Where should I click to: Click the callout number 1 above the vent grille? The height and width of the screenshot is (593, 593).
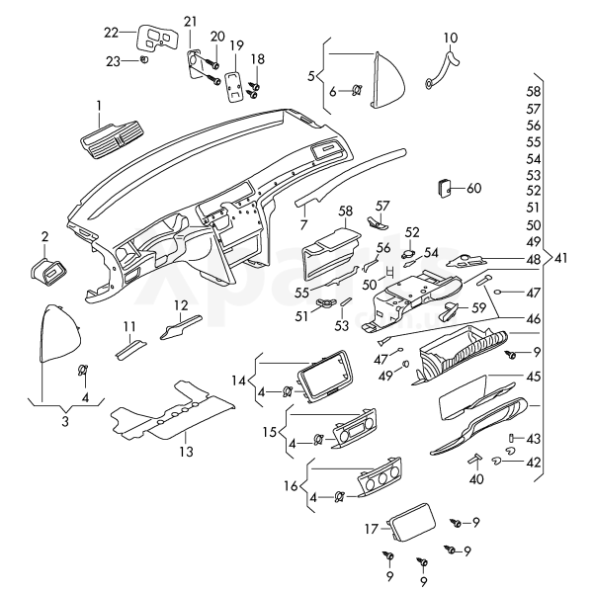point(99,105)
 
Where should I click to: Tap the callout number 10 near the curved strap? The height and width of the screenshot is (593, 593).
point(451,39)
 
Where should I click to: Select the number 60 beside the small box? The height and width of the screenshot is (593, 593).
point(473,188)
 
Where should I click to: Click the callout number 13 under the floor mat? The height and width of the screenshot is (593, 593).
point(187,451)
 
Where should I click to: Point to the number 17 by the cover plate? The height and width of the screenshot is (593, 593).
point(372,529)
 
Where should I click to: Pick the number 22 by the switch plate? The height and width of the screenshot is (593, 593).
point(112,32)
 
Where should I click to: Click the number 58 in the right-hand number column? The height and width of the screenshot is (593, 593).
point(534,90)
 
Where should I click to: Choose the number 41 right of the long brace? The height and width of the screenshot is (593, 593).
point(561,258)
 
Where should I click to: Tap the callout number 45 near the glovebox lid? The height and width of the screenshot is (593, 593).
point(534,377)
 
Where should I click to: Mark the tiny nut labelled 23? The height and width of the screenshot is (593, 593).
point(144,60)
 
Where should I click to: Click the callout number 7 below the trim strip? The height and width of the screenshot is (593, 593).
point(304,224)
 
